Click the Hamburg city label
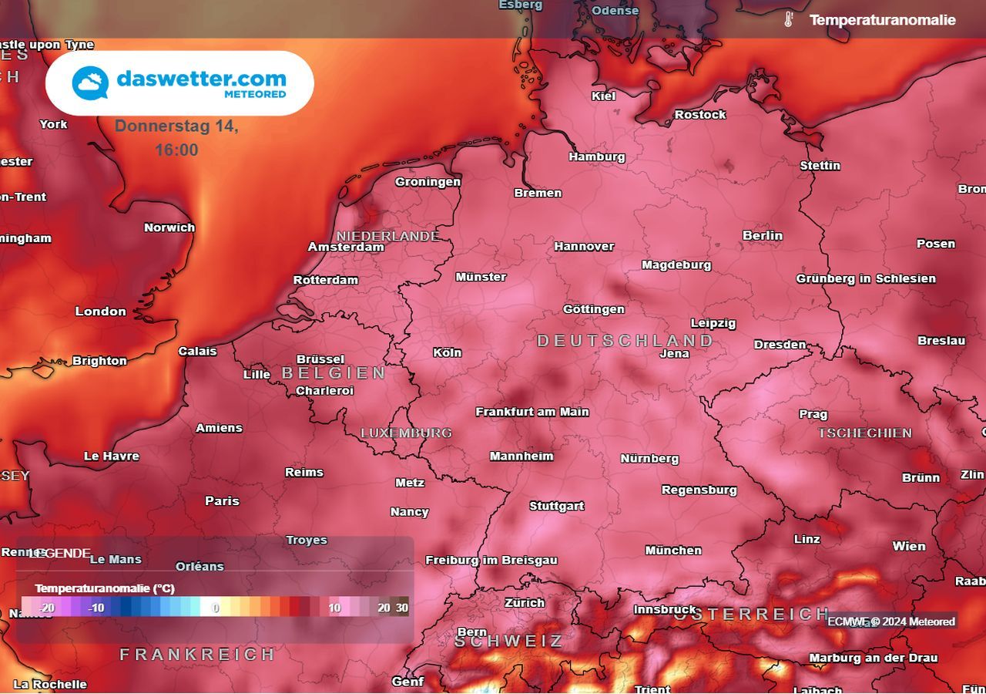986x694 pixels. [x=597, y=157]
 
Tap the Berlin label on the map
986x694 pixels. [x=763, y=235]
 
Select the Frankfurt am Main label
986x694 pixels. [x=532, y=412]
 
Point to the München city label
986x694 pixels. [x=673, y=550]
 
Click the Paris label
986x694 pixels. [x=222, y=500]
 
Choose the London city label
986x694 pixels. [x=100, y=311]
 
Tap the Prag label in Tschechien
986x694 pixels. [x=813, y=414]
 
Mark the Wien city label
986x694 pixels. [x=909, y=546]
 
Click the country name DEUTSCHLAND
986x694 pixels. [x=625, y=340]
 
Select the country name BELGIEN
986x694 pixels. [x=334, y=373]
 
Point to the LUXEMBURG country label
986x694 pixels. [x=406, y=433]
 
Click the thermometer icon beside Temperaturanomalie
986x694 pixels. [x=788, y=20]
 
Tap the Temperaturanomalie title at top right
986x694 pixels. [x=882, y=20]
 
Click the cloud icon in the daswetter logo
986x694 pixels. [x=90, y=83]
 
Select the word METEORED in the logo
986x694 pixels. [x=255, y=94]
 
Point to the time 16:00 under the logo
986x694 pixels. [x=176, y=150]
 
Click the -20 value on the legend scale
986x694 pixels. [x=48, y=608]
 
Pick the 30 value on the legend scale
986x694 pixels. [x=402, y=608]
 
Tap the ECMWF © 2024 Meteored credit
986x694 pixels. [x=891, y=622]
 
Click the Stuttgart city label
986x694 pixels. [x=556, y=506]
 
